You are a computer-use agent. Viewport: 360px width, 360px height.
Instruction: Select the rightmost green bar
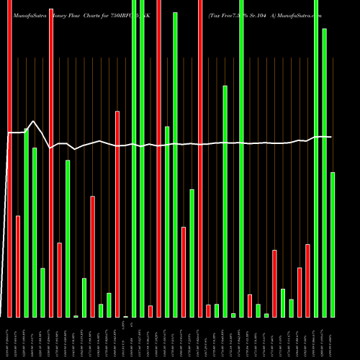click(333, 245)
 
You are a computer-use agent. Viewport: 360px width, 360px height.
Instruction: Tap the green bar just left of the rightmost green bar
click(325, 173)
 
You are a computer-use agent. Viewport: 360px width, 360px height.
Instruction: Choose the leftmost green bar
click(27, 223)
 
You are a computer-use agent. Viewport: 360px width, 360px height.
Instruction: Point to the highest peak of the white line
click(33, 121)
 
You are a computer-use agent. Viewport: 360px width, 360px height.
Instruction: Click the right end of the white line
click(332, 137)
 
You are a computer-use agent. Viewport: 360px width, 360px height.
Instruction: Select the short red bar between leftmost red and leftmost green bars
click(18, 266)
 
